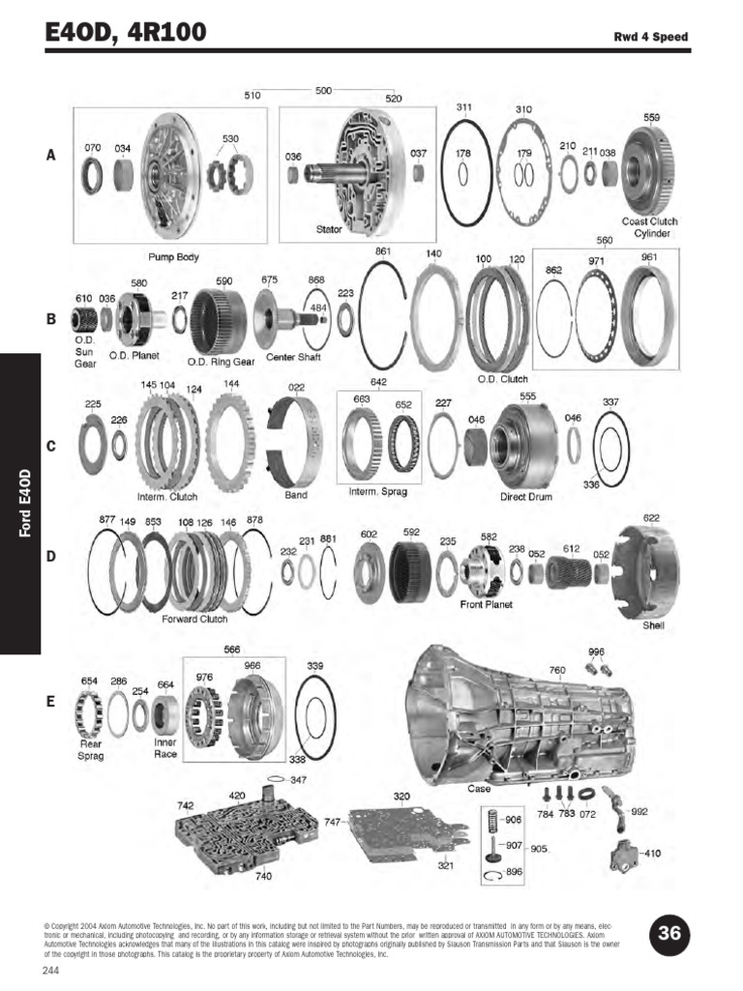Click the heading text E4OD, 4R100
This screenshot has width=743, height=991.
tap(126, 33)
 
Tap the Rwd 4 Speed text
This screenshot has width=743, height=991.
tap(651, 38)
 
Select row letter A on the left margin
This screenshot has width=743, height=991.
tap(50, 154)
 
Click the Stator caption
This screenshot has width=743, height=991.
tap(329, 229)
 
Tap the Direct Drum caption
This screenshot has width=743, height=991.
tap(524, 496)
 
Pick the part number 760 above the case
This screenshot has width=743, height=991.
tap(557, 670)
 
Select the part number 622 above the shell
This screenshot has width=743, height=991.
tap(651, 518)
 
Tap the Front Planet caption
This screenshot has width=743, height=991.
tap(486, 605)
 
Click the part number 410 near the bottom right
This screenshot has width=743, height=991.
tap(653, 854)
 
